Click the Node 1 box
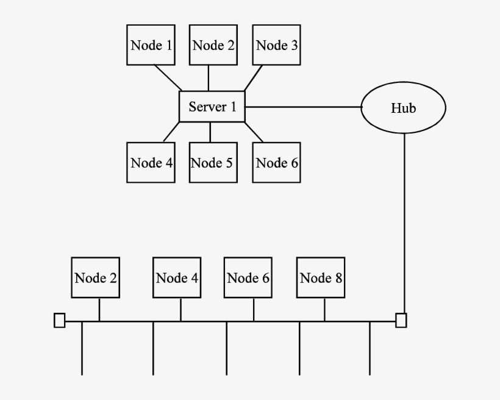click(x=151, y=45)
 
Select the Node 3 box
click(x=277, y=45)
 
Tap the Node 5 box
click(x=213, y=162)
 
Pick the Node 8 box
click(x=321, y=277)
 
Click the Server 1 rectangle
click(x=212, y=107)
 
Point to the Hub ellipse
click(x=404, y=108)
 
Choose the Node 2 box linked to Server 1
click(x=213, y=45)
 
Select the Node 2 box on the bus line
click(x=95, y=277)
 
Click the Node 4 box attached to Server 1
click(x=151, y=162)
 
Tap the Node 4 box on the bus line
click(x=177, y=277)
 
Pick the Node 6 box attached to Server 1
click(x=277, y=162)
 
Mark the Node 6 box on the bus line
click(x=248, y=277)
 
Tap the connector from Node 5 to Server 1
click(x=210, y=132)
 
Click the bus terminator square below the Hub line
click(x=401, y=320)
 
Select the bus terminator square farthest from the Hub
click(x=59, y=320)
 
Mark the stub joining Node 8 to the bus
click(x=324, y=309)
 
